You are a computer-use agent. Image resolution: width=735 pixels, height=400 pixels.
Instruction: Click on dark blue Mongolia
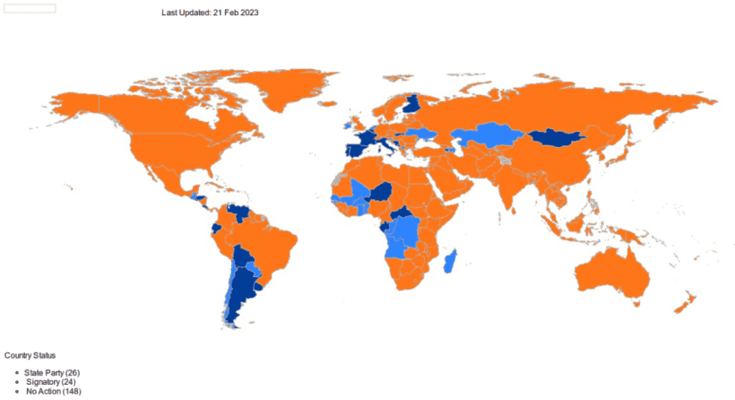pos(557,138)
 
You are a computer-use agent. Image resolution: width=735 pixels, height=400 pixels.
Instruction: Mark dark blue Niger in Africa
pos(382,192)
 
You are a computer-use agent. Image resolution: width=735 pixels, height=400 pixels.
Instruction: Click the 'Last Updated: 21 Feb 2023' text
pos(210,13)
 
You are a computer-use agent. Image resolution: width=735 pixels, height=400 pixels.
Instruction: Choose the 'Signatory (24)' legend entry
pos(50,382)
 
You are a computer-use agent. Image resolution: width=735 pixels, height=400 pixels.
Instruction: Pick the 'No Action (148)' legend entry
pos(53,392)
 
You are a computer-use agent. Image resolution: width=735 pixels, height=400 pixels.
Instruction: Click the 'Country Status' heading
pos(30,356)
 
